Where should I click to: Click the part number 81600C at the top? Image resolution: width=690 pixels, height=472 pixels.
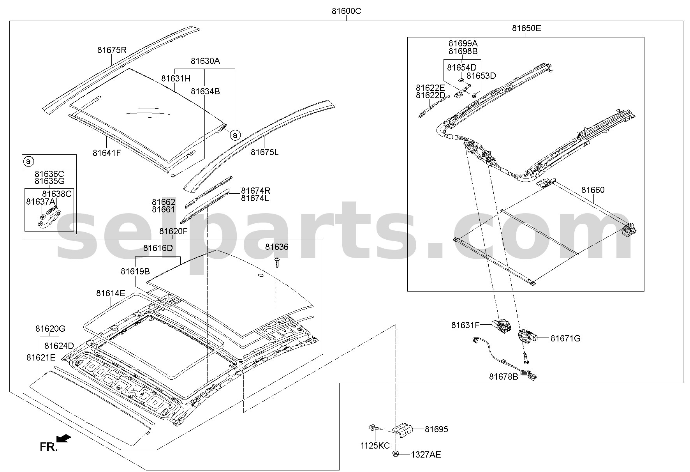[x=346, y=11]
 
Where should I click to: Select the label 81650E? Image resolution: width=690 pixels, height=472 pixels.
[x=526, y=28]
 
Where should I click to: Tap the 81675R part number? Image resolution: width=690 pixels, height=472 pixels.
[x=112, y=50]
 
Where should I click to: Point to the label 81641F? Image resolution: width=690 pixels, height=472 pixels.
[x=107, y=153]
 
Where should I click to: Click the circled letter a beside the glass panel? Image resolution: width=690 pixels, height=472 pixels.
[x=235, y=135]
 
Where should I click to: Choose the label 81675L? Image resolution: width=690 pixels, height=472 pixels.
[x=264, y=152]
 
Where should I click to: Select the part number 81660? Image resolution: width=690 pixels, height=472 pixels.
[x=593, y=190]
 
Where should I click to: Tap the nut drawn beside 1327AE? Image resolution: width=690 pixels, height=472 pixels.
[x=396, y=454]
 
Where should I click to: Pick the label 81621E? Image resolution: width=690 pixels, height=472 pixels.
[x=41, y=357]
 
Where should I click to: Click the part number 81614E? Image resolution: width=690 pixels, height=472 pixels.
[x=111, y=293]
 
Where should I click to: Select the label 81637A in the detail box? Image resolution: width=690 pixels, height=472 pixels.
[x=40, y=202]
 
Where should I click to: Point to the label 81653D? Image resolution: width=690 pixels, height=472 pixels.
[x=481, y=76]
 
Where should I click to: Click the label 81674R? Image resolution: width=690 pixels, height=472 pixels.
[x=255, y=191]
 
